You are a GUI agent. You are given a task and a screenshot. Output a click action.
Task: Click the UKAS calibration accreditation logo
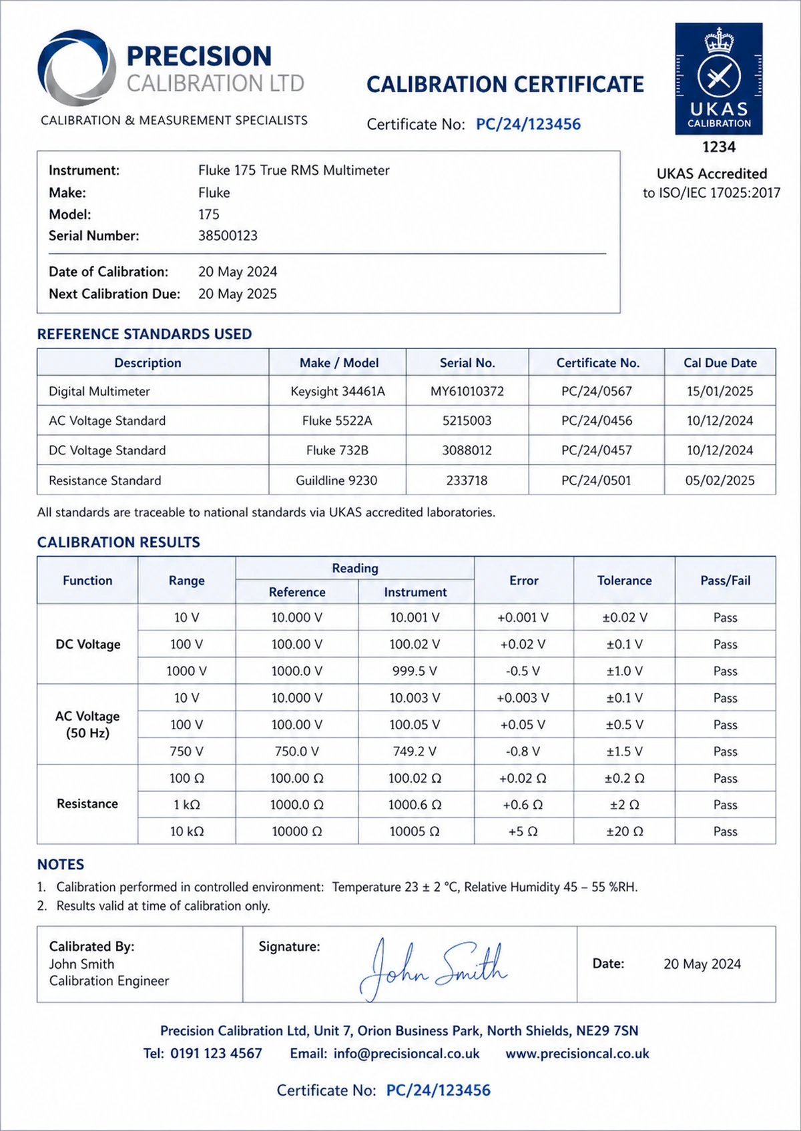[718, 79]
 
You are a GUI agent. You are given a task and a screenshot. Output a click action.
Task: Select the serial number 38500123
[228, 236]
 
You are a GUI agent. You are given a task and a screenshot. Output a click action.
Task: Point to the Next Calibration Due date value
[237, 294]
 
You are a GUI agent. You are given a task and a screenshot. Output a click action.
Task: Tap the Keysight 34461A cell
[337, 392]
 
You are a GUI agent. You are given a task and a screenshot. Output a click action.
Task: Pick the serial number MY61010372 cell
[467, 392]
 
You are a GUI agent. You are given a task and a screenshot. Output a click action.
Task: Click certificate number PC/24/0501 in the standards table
[596, 480]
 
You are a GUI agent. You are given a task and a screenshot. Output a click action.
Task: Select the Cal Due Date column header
[720, 363]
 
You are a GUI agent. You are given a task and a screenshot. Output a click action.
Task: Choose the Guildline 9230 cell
[336, 480]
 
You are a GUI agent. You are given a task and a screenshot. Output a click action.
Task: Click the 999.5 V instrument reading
[415, 671]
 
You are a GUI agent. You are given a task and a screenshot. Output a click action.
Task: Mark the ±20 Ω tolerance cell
[624, 831]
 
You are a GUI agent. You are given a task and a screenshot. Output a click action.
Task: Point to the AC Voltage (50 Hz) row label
[87, 725]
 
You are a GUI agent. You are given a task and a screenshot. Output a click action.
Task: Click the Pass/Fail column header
[725, 581]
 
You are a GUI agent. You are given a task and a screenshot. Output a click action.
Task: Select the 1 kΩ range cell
[186, 805]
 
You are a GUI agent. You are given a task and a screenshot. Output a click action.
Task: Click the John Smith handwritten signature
[434, 968]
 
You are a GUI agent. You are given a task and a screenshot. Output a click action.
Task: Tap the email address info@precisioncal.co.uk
[406, 1054]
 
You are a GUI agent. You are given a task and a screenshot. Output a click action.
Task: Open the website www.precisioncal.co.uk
[577, 1054]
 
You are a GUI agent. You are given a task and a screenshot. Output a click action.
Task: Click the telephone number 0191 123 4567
[216, 1054]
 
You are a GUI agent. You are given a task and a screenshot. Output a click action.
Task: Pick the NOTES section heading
[61, 865]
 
